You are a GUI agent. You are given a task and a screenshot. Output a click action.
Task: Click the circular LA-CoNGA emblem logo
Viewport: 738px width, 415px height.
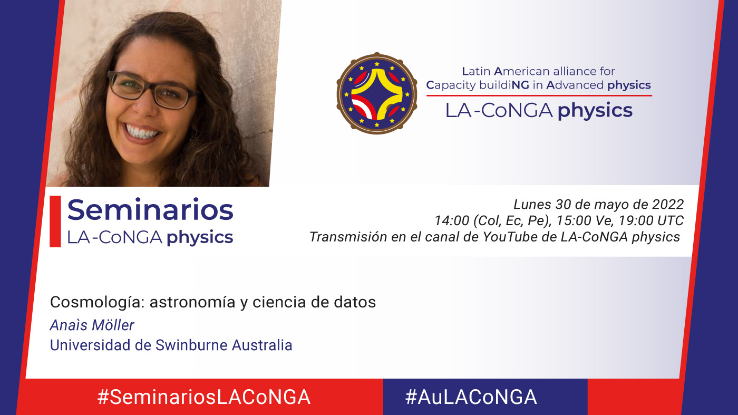tap(376, 93)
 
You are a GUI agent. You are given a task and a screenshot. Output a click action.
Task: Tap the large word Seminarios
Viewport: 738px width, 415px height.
tap(150, 209)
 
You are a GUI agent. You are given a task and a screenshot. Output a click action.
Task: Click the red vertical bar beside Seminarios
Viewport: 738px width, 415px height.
tap(55, 221)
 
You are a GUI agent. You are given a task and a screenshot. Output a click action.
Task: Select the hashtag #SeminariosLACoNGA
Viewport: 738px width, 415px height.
tap(203, 397)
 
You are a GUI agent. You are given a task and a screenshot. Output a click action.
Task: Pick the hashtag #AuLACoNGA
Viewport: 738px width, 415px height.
tap(471, 397)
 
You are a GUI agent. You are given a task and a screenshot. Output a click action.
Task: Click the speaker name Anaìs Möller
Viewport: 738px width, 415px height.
tap(92, 325)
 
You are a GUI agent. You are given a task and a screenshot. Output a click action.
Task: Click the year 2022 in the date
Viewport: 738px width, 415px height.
tap(667, 205)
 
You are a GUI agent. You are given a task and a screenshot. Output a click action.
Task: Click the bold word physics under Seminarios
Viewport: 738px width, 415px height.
tap(200, 237)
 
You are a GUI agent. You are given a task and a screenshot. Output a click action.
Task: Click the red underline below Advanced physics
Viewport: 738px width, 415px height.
tap(539, 95)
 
